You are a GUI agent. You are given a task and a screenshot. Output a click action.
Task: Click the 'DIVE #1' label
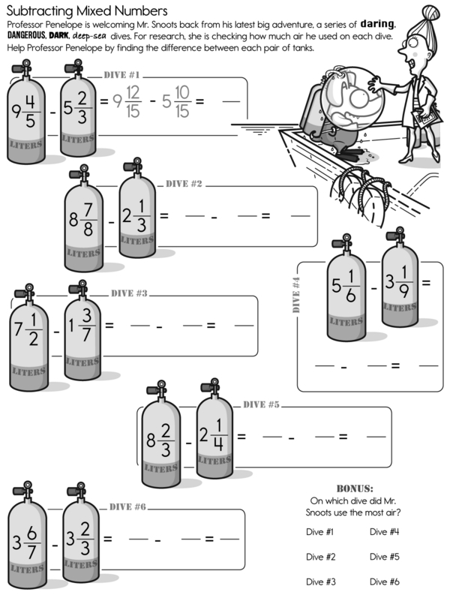pyautogui.click(x=122, y=75)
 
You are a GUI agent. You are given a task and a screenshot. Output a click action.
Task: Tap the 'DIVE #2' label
pyautogui.click(x=184, y=184)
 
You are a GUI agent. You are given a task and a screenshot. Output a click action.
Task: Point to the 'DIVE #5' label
pyautogui.click(x=262, y=404)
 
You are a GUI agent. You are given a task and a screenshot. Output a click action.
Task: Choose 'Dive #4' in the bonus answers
pyautogui.click(x=383, y=532)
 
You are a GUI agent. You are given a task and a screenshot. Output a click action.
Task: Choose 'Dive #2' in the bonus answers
pyautogui.click(x=320, y=557)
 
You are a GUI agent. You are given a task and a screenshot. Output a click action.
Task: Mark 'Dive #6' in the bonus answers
pyautogui.click(x=383, y=581)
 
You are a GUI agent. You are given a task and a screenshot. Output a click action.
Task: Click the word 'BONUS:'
pyautogui.click(x=355, y=488)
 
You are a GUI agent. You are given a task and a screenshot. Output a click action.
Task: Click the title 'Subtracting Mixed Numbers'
pyautogui.click(x=86, y=11)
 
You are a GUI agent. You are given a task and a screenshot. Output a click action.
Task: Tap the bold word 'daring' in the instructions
pyautogui.click(x=382, y=24)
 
